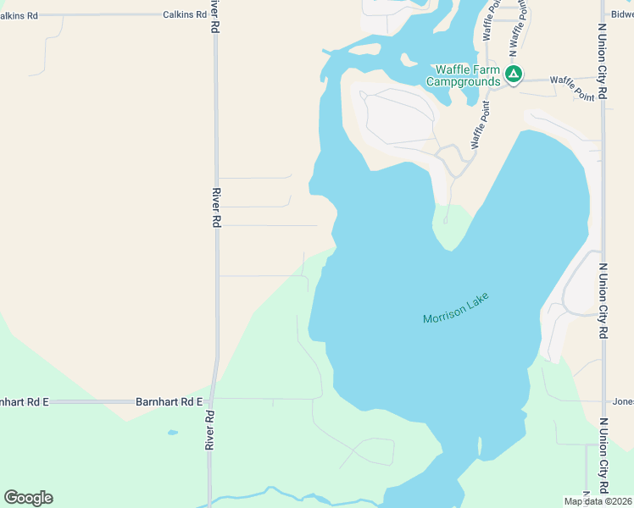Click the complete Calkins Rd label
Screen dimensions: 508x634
pyautogui.click(x=184, y=14)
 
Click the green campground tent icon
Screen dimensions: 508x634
pyautogui.click(x=513, y=75)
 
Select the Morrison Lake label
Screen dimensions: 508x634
pyautogui.click(x=456, y=308)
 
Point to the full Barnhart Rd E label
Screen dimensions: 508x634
pyautogui.click(x=170, y=402)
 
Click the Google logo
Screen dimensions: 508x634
pyautogui.click(x=29, y=498)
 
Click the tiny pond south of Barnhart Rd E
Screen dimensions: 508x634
pyautogui.click(x=173, y=433)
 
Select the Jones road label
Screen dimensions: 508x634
pyautogui.click(x=623, y=402)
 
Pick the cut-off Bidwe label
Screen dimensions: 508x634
pyautogui.click(x=621, y=14)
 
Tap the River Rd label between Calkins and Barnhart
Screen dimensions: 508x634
pyautogui.click(x=217, y=207)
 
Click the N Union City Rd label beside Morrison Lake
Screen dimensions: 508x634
pyautogui.click(x=603, y=301)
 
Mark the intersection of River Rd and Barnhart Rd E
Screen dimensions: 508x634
pyautogui.click(x=212, y=401)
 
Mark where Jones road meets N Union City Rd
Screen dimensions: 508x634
pyautogui.click(x=603, y=402)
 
